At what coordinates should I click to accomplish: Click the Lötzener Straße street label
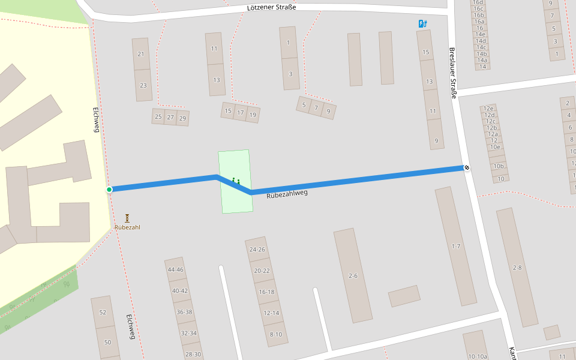[271, 7]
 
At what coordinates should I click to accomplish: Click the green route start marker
[109, 190]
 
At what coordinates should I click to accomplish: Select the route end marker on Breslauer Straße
[466, 167]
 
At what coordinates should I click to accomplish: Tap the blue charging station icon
[422, 24]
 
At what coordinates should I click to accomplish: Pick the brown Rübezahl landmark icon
[127, 218]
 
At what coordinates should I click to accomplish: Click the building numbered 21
[141, 54]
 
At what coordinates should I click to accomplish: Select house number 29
[182, 118]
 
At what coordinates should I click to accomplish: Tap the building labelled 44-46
[176, 269]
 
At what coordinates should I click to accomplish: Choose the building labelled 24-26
[257, 249]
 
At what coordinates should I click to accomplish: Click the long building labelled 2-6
[353, 275]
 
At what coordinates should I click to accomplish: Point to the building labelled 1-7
[455, 246]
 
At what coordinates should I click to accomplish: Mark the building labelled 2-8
[517, 267]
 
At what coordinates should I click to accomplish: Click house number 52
[102, 312]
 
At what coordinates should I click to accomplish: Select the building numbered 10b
[498, 166]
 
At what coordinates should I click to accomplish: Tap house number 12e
[488, 109]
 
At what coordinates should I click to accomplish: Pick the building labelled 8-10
[276, 334]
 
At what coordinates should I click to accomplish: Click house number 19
[253, 114]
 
